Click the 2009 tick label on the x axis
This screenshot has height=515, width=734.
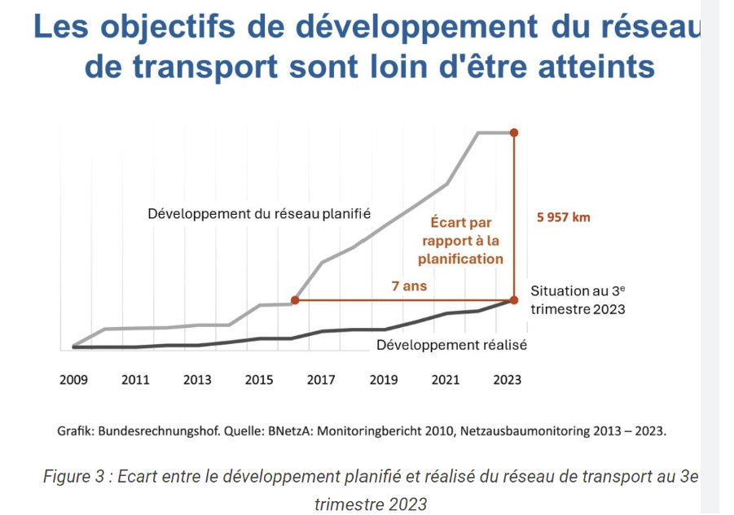coord(74,380)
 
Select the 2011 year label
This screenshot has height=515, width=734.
coord(135,380)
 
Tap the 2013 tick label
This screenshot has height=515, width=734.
coord(197,380)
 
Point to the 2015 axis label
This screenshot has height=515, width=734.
coord(259,380)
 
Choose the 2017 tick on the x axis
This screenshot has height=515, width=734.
coord(321,380)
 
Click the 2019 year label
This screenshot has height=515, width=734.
coord(383,380)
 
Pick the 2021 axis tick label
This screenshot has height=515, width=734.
coord(445,380)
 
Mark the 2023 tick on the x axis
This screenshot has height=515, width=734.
coord(507,380)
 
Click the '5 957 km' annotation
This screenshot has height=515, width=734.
coord(564,217)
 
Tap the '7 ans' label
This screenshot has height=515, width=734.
coord(409,286)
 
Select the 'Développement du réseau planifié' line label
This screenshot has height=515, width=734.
coord(259,214)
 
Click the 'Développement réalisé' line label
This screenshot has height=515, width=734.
coord(451,345)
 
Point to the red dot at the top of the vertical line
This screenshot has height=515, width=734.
coord(513,132)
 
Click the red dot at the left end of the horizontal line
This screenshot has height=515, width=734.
coord(295,300)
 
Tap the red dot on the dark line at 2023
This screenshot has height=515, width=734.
coord(513,300)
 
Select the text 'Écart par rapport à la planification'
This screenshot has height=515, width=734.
coord(460,241)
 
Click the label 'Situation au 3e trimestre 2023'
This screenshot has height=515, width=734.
coord(578,299)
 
